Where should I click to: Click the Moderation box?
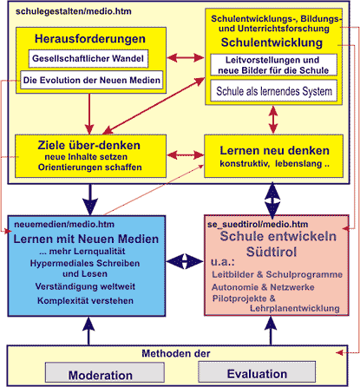[x=105, y=372]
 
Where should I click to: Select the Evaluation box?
[x=257, y=371]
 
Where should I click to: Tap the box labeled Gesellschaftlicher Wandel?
[x=88, y=59]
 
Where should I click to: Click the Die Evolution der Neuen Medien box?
[x=92, y=80]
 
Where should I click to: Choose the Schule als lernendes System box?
[x=273, y=91]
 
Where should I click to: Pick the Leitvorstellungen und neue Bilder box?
[x=273, y=65]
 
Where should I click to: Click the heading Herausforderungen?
[x=90, y=39]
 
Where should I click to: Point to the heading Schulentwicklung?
[x=272, y=43]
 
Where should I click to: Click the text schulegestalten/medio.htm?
[x=74, y=11]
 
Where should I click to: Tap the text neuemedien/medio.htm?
[x=64, y=225]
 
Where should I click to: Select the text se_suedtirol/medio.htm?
[x=258, y=225]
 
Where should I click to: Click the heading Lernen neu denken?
[x=274, y=151]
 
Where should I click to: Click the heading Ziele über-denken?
[x=89, y=145]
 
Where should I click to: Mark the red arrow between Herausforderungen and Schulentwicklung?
[x=186, y=58]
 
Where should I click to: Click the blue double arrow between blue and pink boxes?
[x=185, y=261]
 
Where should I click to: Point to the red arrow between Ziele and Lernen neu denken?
[x=186, y=155]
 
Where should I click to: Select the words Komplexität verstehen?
[x=85, y=301]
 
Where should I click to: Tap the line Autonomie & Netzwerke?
[x=263, y=287]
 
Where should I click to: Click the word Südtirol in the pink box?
[x=272, y=252]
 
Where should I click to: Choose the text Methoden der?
[x=176, y=353]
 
